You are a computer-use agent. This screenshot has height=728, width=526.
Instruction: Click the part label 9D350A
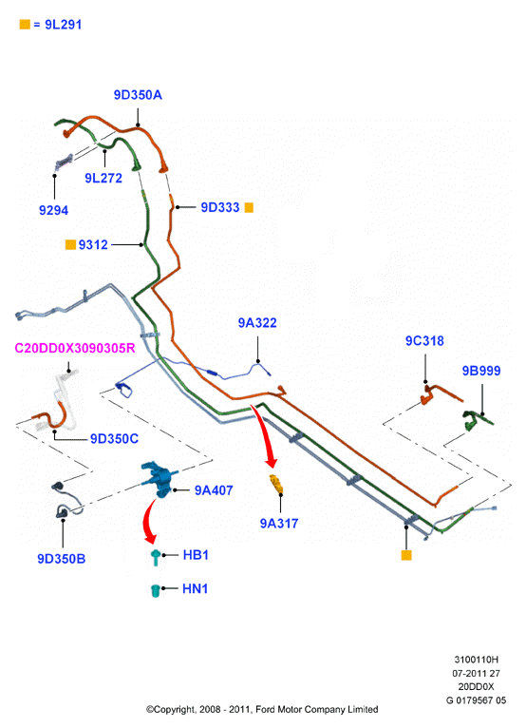pos(138,95)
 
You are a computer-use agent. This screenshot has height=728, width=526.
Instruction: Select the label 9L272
pos(103,179)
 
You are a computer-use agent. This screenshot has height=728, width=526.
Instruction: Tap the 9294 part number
pos(53,210)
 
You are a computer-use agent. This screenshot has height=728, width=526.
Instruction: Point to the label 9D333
pos(220,207)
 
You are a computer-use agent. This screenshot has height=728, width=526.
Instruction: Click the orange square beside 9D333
pos(249,207)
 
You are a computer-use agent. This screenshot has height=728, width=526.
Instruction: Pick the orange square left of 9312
pos(70,244)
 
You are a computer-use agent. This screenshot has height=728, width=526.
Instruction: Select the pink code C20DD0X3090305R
pos(75,348)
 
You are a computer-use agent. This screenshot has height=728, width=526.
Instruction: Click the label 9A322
pos(257,323)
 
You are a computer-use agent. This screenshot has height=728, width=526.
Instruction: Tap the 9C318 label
pos(424,341)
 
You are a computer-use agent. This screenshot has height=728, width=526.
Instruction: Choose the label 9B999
pos(481,371)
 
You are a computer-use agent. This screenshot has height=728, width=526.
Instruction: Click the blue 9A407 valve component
pos(159,479)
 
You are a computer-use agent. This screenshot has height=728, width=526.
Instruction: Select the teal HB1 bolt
pos(156,557)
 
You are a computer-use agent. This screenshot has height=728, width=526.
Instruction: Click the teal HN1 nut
pos(156,590)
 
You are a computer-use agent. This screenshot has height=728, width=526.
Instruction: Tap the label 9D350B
pos(61,559)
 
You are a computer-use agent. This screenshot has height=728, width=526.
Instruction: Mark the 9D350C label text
pos(114,439)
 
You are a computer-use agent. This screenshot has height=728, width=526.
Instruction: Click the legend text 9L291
pos(64,25)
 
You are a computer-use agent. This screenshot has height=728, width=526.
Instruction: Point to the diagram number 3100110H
pos(476,660)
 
